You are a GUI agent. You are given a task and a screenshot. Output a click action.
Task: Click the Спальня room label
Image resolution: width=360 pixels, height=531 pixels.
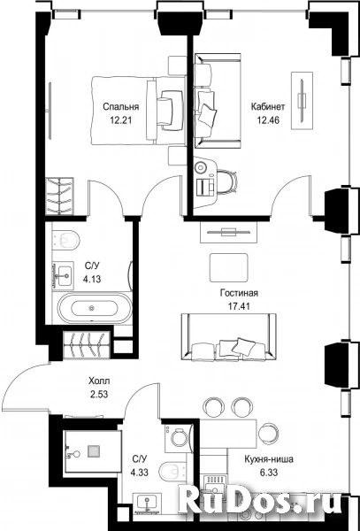(x=121, y=107)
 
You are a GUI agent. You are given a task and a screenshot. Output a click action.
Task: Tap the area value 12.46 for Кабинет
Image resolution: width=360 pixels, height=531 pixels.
(x=268, y=120)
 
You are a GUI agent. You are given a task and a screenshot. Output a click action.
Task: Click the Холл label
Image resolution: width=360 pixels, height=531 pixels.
(x=99, y=381)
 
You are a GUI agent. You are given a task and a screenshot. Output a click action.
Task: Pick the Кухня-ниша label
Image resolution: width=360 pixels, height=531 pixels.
(x=269, y=459)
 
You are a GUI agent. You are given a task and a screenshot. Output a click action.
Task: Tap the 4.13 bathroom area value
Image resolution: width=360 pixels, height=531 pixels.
(x=92, y=280)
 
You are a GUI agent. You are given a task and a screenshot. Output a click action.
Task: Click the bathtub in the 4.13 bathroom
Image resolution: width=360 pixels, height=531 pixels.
(x=95, y=308)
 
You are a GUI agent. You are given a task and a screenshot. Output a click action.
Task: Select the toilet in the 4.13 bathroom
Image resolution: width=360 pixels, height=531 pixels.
(x=66, y=240)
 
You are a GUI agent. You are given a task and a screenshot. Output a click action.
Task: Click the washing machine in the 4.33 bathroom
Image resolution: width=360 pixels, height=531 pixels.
(x=179, y=438)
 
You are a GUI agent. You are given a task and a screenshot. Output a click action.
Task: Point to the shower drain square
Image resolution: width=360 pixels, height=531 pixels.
(x=94, y=451)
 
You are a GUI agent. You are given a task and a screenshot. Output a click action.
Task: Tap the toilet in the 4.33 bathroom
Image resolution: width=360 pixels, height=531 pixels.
(x=172, y=471)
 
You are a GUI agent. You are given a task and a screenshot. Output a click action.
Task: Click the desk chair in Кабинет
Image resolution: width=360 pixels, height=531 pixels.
(x=227, y=181)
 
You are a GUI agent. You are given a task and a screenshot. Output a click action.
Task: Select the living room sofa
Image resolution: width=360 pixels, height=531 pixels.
(x=229, y=337)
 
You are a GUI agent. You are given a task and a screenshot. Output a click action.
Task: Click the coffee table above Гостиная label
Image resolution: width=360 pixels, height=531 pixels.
(x=229, y=267)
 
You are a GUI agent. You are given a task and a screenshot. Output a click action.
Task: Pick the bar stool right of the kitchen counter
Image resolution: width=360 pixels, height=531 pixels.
(x=269, y=433)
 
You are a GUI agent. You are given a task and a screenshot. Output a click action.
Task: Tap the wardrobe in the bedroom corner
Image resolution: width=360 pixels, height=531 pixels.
(x=59, y=196)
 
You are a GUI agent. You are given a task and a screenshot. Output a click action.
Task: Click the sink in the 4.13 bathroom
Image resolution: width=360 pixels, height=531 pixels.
(x=63, y=275)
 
